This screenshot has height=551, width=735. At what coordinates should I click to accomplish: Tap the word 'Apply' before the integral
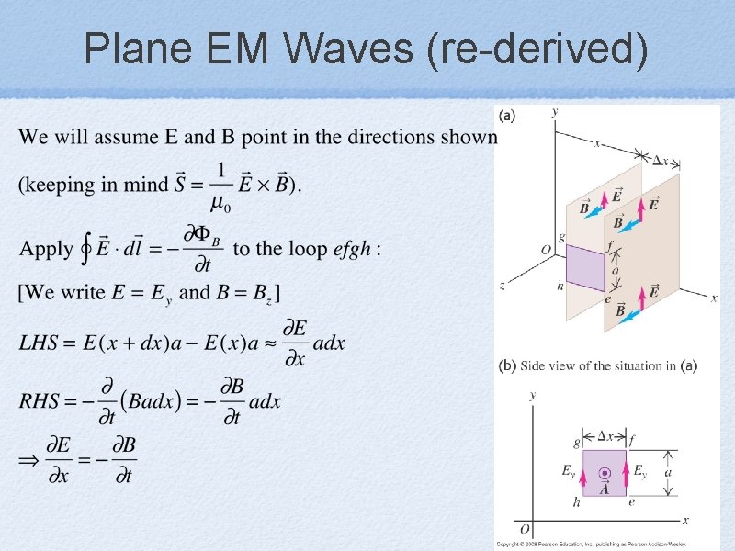pyautogui.click(x=46, y=248)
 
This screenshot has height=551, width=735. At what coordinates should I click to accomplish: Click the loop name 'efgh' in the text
pyautogui.click(x=350, y=248)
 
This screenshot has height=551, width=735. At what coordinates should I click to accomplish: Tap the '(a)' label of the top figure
pyautogui.click(x=506, y=115)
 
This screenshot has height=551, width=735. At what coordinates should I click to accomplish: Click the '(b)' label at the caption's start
pyautogui.click(x=507, y=365)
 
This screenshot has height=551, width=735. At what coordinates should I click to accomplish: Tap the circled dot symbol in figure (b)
pyautogui.click(x=605, y=474)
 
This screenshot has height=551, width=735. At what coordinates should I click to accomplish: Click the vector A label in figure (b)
pyautogui.click(x=605, y=489)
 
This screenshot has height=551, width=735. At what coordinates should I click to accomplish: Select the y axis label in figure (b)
pyautogui.click(x=533, y=396)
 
